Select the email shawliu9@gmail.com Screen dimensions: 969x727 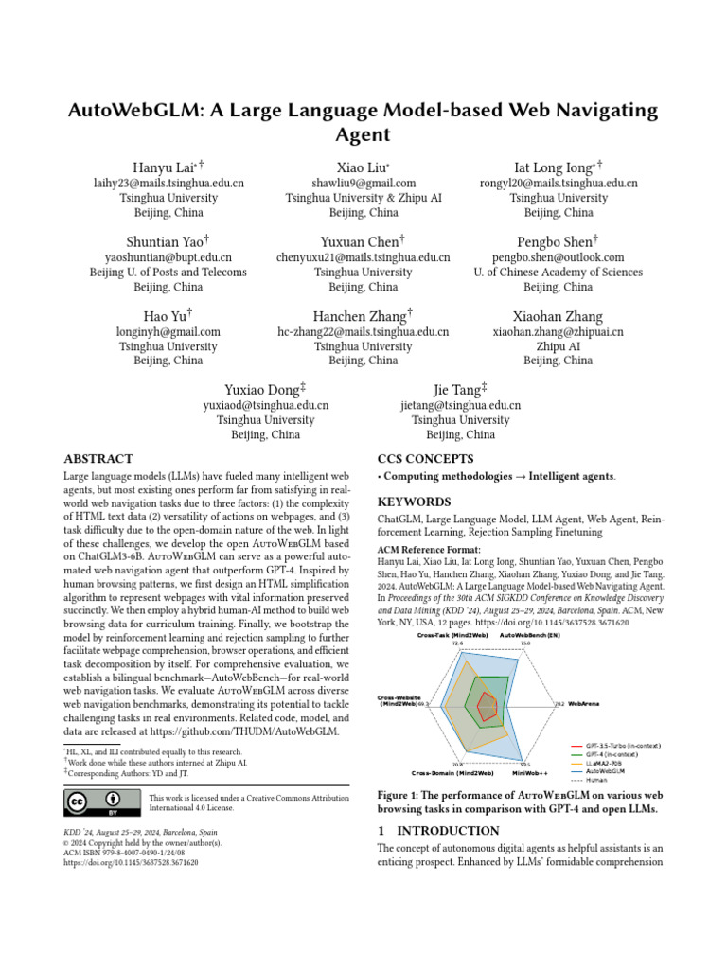[363, 183]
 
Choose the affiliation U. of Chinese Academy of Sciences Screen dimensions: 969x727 [558, 273]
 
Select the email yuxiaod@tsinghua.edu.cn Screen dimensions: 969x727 [266, 405]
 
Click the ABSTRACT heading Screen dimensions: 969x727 [98, 459]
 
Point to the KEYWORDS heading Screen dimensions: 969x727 [415, 502]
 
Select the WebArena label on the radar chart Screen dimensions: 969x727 [587, 704]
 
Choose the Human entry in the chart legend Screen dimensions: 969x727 [596, 779]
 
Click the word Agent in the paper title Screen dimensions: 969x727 [363, 135]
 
